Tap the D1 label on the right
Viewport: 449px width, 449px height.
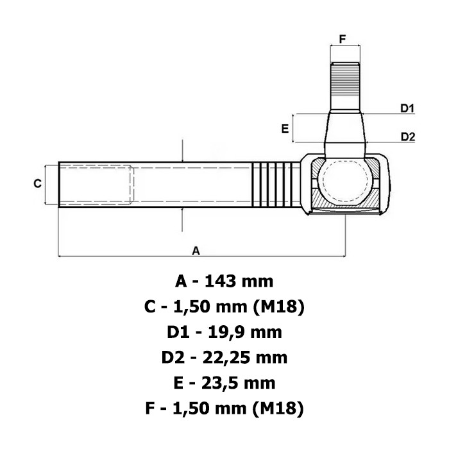click(x=408, y=108)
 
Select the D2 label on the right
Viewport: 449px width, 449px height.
click(x=408, y=136)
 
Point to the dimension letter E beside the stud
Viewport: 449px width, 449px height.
click(x=285, y=128)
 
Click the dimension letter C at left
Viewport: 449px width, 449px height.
click(x=38, y=184)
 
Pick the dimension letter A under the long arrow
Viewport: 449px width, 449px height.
click(x=196, y=249)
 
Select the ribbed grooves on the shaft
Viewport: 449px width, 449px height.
click(x=276, y=184)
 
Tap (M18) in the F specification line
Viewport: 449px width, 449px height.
click(x=280, y=409)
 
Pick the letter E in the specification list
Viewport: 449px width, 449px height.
click(x=180, y=383)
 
